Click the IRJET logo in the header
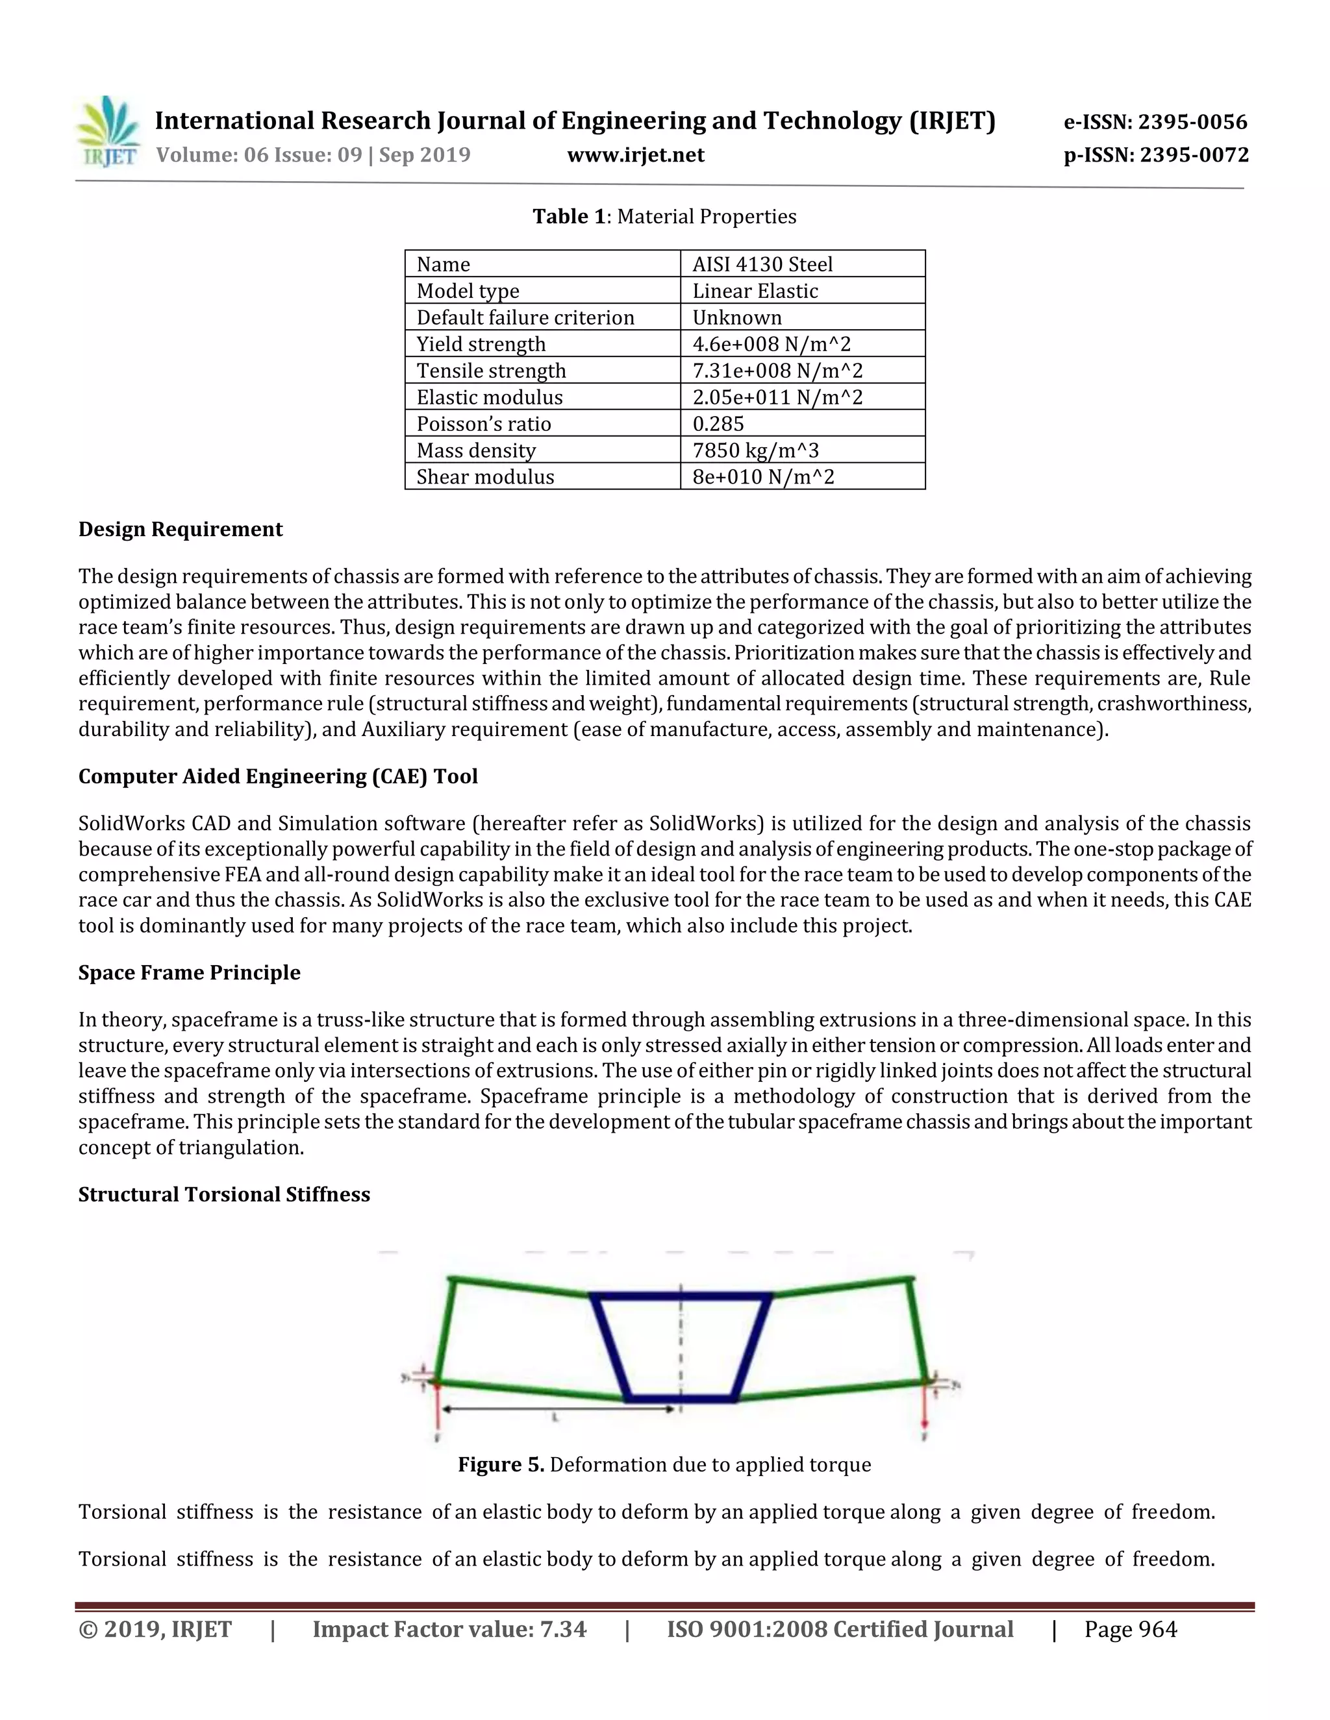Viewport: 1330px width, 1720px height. pyautogui.click(x=108, y=132)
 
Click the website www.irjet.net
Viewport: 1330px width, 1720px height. pyautogui.click(x=635, y=155)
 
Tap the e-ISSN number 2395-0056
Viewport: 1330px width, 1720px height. pyautogui.click(x=1155, y=122)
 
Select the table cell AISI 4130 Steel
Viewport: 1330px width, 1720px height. pyautogui.click(x=762, y=265)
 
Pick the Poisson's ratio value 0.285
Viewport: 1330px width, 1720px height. pyautogui.click(x=718, y=424)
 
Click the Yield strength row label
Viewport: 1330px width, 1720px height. pyautogui.click(x=481, y=344)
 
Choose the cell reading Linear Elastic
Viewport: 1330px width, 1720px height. pyautogui.click(x=755, y=291)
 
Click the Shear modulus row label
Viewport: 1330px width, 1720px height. pyautogui.click(x=485, y=477)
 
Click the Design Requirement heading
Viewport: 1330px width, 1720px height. pyautogui.click(x=181, y=529)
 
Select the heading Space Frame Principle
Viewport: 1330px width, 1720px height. pyautogui.click(x=189, y=973)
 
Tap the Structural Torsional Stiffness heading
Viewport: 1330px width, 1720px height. pyautogui.click(x=224, y=1195)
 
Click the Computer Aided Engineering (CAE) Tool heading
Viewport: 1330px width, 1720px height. pyautogui.click(x=278, y=776)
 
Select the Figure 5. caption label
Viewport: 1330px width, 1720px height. pyautogui.click(x=501, y=1465)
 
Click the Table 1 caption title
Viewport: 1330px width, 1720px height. pyautogui.click(x=664, y=217)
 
